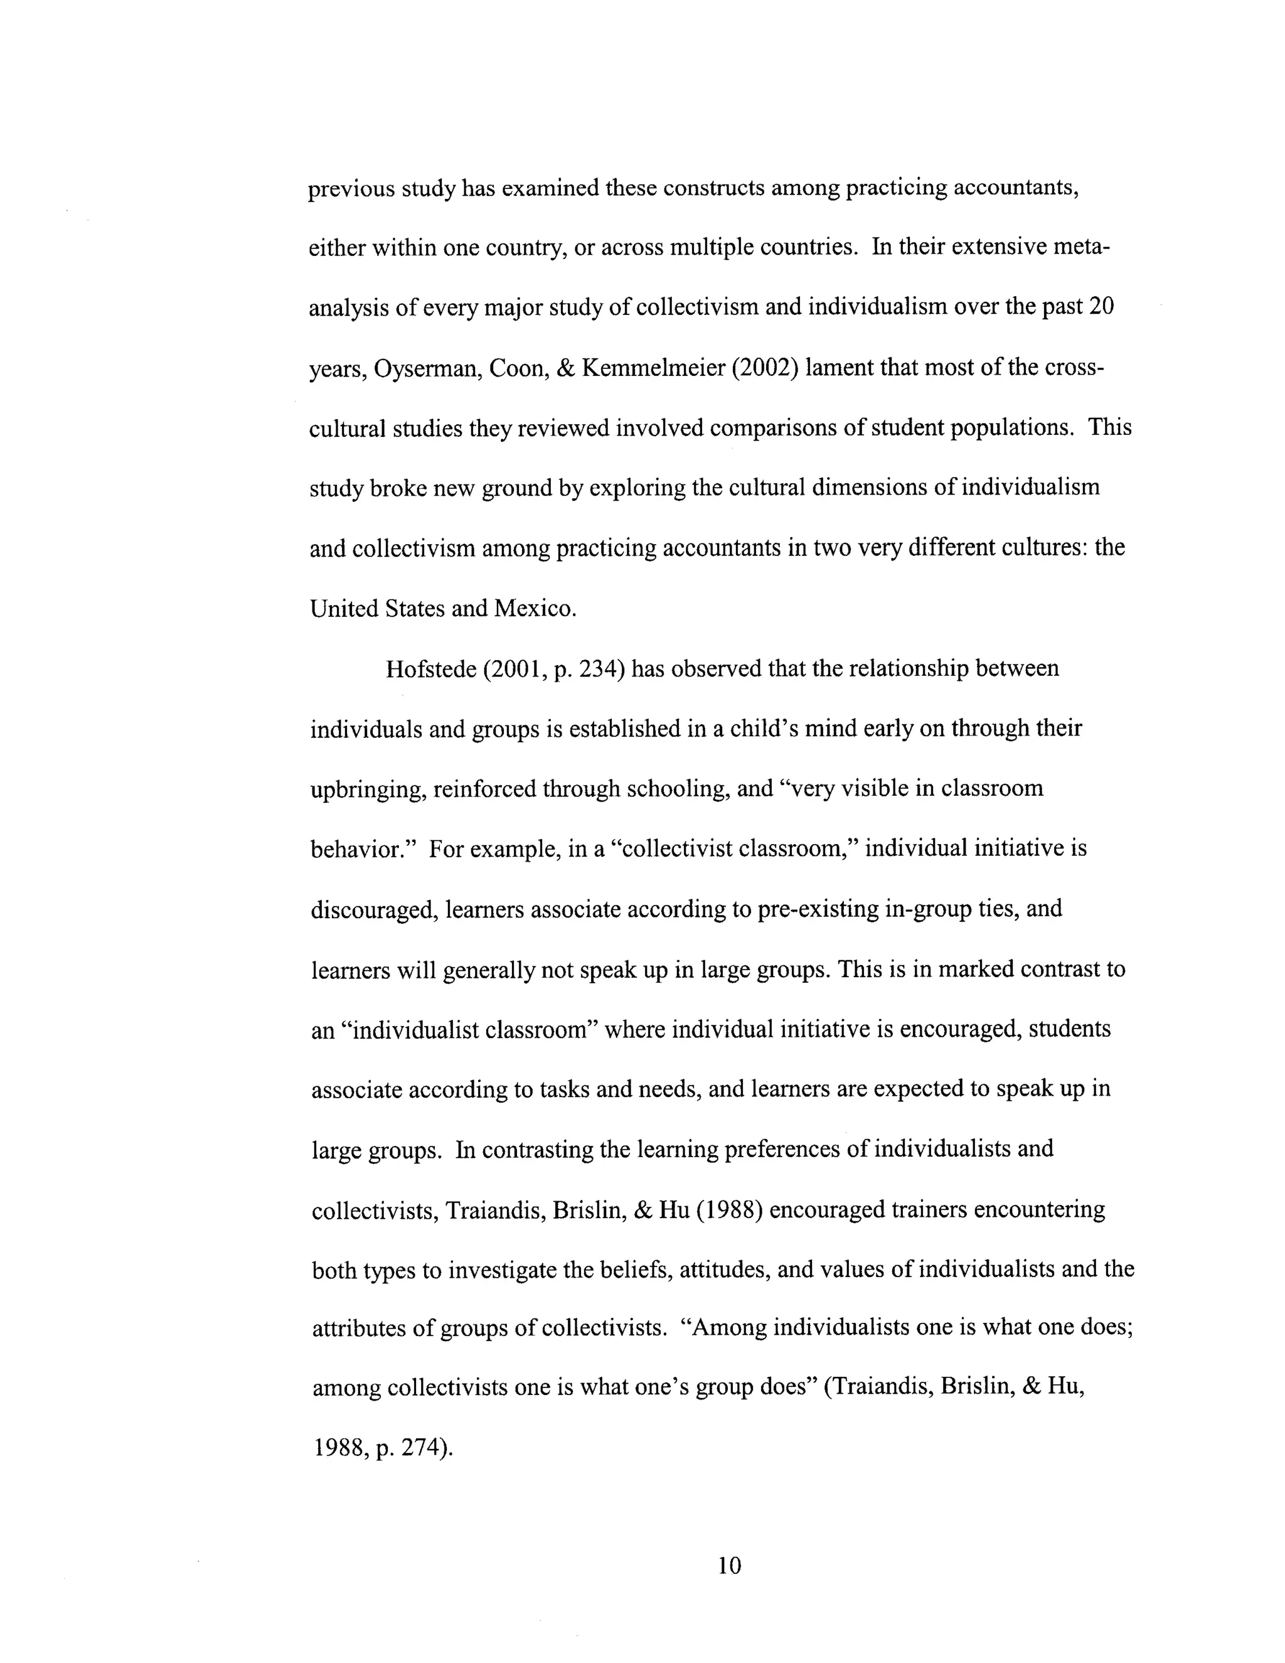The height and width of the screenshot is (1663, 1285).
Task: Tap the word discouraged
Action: pyautogui.click(x=374, y=910)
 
